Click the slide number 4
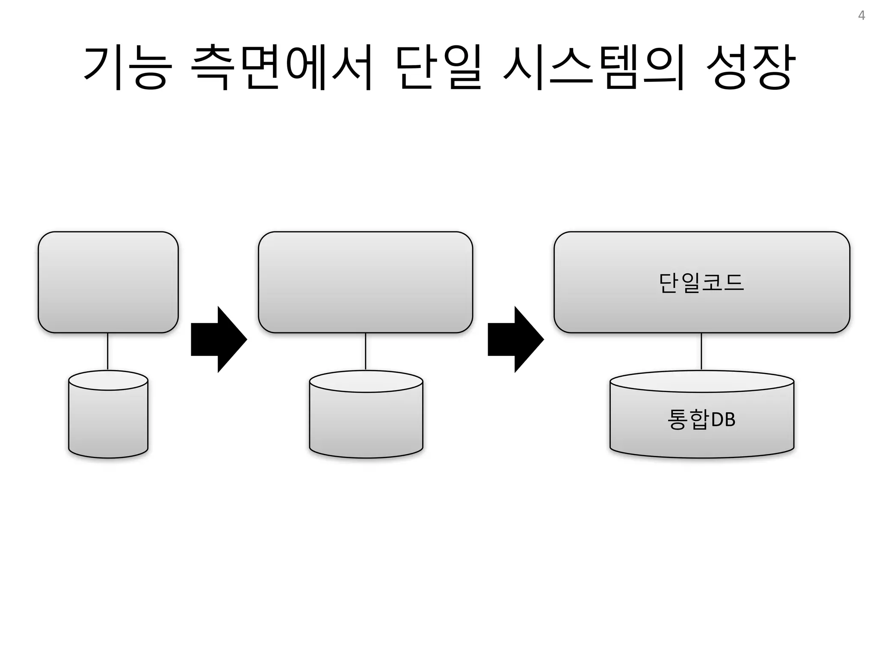(861, 16)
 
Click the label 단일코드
(701, 283)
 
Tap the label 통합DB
(701, 419)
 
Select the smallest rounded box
(108, 282)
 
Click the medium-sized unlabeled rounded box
(365, 282)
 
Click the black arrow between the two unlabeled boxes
(219, 339)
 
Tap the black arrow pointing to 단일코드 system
(515, 339)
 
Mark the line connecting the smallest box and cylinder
(108, 351)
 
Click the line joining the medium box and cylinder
(366, 351)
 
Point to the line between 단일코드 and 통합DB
(701, 351)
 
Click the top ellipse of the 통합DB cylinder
(701, 381)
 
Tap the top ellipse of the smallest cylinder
(108, 380)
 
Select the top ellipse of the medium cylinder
(366, 381)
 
